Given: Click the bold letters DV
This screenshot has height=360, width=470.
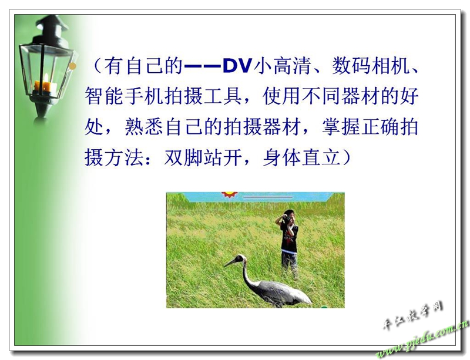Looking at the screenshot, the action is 237,66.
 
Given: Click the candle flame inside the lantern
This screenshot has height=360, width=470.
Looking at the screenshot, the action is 46,78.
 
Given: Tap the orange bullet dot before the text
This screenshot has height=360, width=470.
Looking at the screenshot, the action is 72,66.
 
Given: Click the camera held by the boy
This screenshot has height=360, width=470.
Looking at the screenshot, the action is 286,220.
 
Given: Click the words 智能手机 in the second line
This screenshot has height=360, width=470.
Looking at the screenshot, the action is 124,96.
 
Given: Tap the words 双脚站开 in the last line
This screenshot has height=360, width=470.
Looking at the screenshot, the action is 203,157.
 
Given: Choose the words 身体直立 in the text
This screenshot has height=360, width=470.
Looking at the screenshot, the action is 302,157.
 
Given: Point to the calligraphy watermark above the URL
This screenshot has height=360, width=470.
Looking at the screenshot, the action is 413,315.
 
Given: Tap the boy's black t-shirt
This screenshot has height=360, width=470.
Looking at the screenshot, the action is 289,238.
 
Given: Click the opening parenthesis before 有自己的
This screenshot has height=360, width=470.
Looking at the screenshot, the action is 98,66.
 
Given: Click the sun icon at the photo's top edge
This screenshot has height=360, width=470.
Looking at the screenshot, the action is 229,194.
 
